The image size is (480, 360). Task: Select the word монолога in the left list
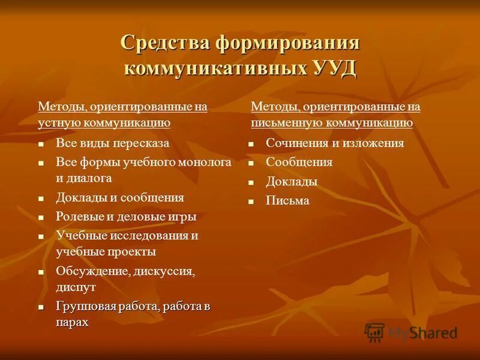coord(203,162)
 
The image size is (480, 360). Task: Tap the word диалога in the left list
coord(92,178)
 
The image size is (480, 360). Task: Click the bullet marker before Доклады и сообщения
coord(41,198)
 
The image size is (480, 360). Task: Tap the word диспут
coord(76,287)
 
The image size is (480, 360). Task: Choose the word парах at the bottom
coord(72,322)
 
